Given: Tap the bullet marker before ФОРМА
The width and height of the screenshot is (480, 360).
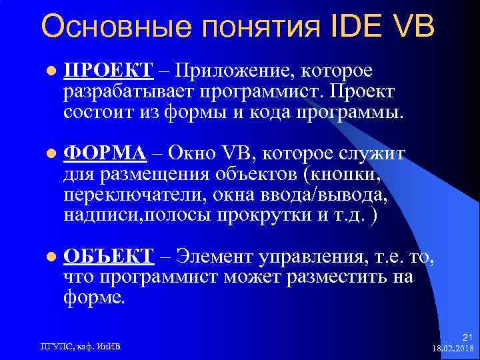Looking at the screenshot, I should tap(49, 154).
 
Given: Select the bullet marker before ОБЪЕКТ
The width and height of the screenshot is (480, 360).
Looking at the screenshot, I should tap(49, 257).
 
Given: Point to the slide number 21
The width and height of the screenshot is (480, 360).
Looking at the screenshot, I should tap(467, 337).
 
